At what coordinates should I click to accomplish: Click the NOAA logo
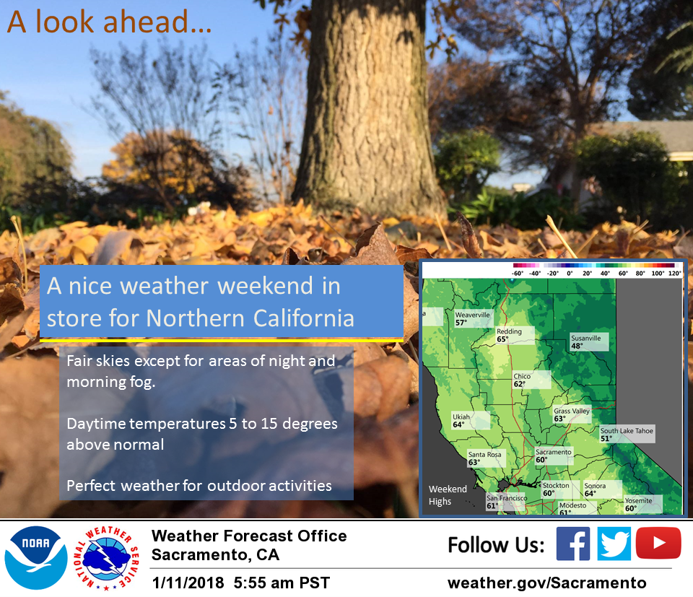[36, 558]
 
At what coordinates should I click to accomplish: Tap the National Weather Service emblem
[107, 558]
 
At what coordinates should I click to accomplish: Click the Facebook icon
[572, 544]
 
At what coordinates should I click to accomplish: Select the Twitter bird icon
[614, 544]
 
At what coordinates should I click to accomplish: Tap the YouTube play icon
[658, 543]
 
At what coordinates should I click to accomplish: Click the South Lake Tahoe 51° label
[627, 435]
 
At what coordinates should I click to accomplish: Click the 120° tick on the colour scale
[675, 274]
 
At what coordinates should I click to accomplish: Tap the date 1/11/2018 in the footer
[188, 583]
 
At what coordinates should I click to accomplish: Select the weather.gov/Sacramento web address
[546, 583]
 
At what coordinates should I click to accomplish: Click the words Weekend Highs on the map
[448, 495]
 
